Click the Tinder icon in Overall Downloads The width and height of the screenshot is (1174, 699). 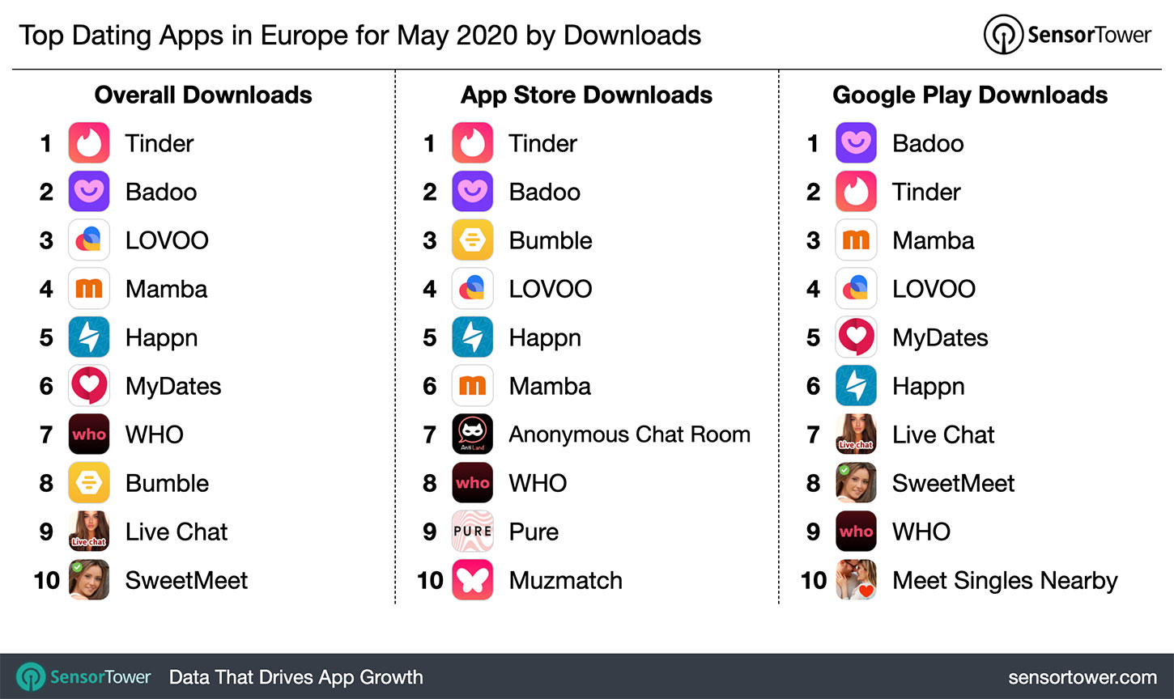[89, 143]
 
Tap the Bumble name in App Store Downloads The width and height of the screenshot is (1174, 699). [551, 240]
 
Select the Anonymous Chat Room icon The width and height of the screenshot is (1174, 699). [473, 434]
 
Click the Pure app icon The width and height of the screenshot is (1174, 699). [473, 532]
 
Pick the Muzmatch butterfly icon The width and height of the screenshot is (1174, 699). [473, 580]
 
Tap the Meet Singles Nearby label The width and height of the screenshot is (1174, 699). [1005, 580]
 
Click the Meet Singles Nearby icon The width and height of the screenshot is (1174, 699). [856, 580]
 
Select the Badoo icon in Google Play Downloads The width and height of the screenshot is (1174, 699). [856, 143]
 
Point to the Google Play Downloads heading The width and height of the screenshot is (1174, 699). [970, 95]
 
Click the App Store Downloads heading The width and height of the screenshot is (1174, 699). [586, 95]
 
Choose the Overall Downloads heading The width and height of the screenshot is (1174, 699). [203, 95]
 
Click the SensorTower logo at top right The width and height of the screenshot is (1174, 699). [1067, 35]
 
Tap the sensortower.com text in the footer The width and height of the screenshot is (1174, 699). [1083, 677]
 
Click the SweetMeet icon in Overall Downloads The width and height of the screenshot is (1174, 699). [89, 580]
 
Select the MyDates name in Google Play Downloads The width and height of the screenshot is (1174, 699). [940, 337]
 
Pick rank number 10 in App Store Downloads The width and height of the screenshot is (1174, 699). [430, 580]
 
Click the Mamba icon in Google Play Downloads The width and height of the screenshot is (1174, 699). [856, 240]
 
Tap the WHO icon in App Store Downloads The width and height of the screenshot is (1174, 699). [473, 483]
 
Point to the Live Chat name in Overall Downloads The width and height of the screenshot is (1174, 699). [177, 532]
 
